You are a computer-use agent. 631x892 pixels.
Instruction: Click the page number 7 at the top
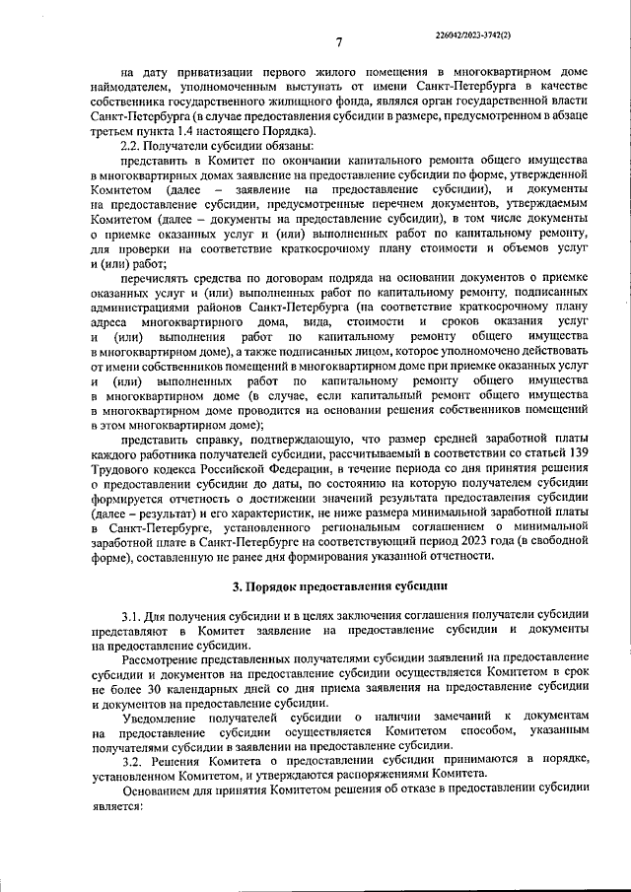tap(337, 42)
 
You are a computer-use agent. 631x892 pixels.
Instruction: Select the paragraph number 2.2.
tap(133, 145)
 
